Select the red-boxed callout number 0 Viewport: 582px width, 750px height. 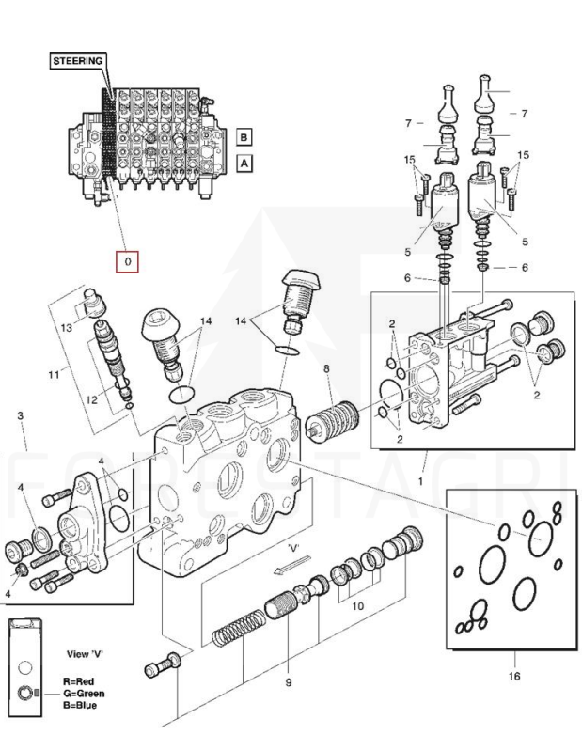coord(127,260)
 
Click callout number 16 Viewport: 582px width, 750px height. coord(512,675)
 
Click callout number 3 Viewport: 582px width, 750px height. coord(21,414)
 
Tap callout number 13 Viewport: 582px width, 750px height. coord(67,328)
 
